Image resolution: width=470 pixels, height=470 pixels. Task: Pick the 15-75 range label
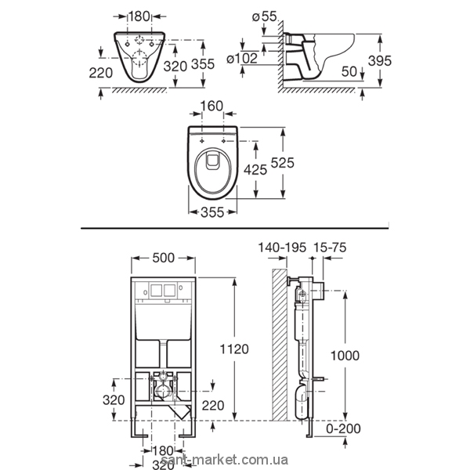330,248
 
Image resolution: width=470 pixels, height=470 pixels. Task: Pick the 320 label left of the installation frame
114,399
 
